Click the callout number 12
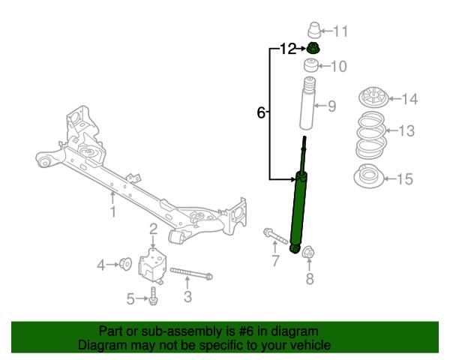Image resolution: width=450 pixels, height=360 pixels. tap(288, 49)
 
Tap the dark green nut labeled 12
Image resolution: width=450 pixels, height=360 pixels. tap(313, 48)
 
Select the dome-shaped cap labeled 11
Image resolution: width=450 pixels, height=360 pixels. tap(314, 30)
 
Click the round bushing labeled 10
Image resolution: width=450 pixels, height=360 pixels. tap(311, 65)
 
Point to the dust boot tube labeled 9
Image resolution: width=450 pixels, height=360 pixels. tap(307, 103)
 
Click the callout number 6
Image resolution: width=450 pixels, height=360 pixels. tap(260, 112)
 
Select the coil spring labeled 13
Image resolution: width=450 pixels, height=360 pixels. tap(372, 136)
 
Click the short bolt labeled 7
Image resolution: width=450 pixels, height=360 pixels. tap(275, 236)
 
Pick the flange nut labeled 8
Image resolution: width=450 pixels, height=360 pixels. tap(309, 252)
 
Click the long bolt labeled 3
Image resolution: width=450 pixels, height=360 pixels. tap(191, 273)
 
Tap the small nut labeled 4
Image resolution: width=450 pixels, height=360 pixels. tap(126, 264)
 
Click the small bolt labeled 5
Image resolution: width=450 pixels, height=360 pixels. tap(153, 296)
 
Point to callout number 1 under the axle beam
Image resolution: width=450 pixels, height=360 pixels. tap(113, 211)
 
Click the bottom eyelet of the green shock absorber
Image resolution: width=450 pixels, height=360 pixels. tap(295, 248)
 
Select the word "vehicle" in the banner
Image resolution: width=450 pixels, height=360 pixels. tap(310, 345)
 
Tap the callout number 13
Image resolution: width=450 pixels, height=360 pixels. tap(406, 130)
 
